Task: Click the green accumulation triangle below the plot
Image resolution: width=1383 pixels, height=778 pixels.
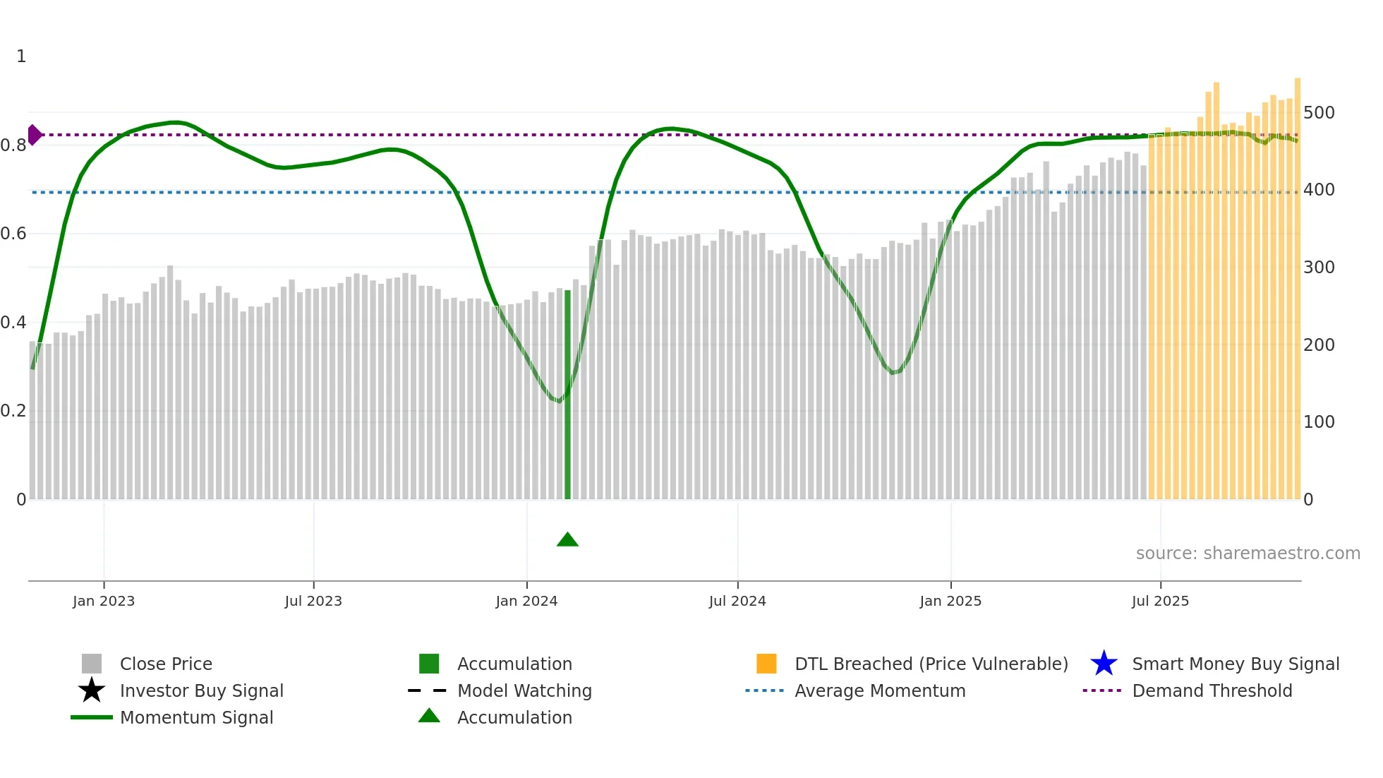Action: click(567, 540)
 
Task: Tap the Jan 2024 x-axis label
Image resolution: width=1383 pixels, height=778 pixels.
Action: click(526, 602)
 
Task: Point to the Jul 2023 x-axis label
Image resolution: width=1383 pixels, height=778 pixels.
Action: click(313, 602)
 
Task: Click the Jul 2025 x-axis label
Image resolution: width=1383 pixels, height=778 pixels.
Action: click(1160, 602)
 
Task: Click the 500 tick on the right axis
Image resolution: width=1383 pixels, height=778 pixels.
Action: click(1319, 113)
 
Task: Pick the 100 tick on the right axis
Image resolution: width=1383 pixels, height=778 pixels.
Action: click(1319, 422)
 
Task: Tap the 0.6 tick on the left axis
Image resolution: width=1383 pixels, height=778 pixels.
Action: click(13, 234)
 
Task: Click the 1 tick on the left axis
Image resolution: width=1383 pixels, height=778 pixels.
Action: click(21, 56)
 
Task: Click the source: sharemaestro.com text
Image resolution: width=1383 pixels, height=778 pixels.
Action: click(1248, 553)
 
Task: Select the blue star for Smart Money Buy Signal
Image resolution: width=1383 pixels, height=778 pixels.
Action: click(1104, 664)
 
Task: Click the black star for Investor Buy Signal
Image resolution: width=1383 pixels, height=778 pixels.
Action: click(92, 690)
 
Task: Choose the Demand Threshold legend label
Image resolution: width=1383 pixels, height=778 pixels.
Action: click(1212, 690)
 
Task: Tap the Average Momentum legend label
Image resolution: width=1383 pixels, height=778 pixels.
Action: click(879, 690)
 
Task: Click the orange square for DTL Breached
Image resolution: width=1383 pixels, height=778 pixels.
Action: click(766, 664)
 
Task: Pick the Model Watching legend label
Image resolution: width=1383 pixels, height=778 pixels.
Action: click(524, 690)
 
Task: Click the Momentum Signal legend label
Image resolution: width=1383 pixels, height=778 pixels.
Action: click(196, 717)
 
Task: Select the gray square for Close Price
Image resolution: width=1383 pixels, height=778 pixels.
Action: click(92, 664)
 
